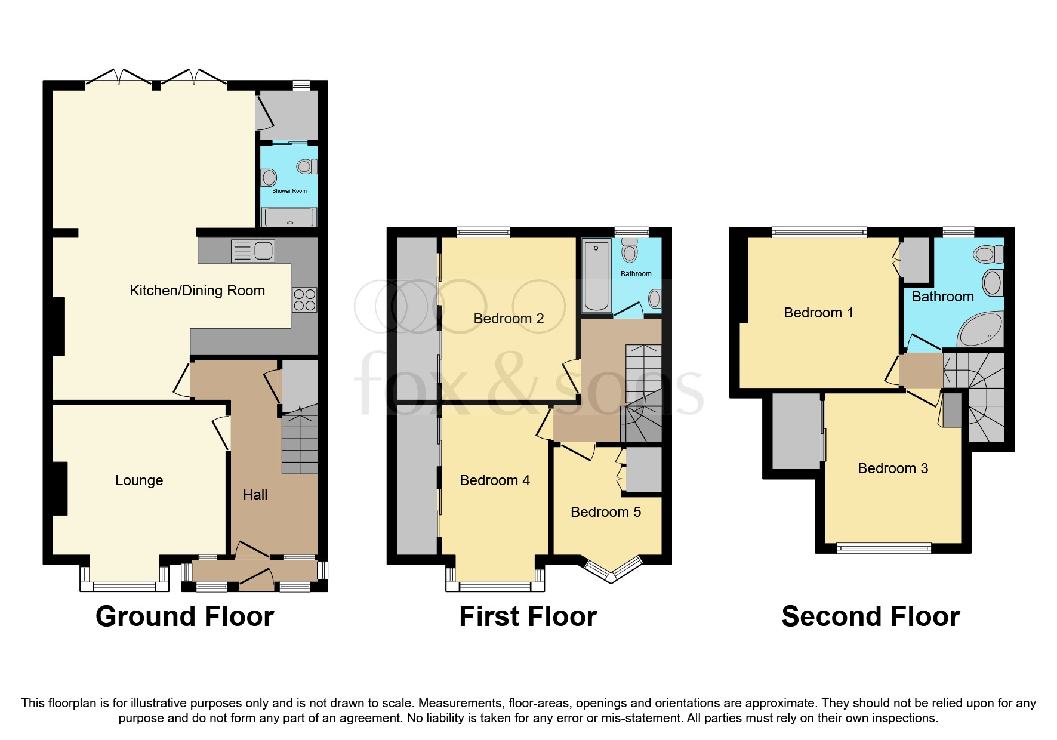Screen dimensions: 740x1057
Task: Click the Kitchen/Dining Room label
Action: tap(197, 291)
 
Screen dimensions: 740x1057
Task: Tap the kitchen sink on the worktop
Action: tap(253, 251)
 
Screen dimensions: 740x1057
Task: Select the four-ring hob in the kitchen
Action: tap(304, 300)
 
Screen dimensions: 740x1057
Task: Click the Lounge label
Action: tap(138, 480)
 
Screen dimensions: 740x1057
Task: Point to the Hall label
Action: tap(255, 495)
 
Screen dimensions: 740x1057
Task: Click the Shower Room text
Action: tap(289, 191)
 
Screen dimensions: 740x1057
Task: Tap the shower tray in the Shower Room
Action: tap(289, 217)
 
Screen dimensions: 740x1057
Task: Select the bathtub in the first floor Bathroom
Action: tap(596, 275)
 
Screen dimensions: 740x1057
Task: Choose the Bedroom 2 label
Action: tap(509, 319)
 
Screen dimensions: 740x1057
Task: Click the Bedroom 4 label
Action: tap(495, 480)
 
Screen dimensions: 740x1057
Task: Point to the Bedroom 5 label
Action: tap(606, 512)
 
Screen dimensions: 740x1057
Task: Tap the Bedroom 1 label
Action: tap(818, 313)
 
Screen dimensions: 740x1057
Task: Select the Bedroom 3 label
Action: tap(893, 468)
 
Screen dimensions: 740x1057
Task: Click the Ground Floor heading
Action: tap(184, 616)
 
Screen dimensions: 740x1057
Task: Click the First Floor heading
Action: tap(528, 616)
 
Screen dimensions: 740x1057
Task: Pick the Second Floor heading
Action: tap(870, 616)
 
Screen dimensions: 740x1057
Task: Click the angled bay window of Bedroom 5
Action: tap(611, 571)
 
